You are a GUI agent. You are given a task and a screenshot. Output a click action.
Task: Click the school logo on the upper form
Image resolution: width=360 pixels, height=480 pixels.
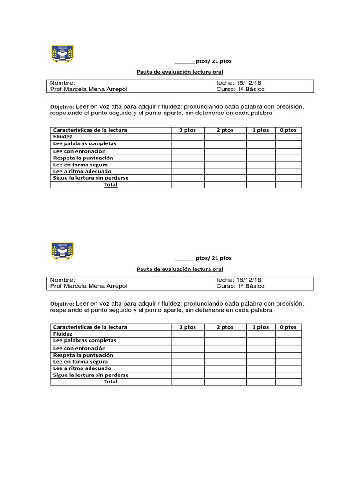62,54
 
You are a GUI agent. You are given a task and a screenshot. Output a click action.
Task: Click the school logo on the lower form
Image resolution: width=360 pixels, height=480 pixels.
62,251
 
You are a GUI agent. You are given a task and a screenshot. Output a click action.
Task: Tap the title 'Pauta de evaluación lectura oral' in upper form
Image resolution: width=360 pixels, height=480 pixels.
180,72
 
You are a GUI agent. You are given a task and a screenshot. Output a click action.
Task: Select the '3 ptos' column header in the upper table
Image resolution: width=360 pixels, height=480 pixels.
187,130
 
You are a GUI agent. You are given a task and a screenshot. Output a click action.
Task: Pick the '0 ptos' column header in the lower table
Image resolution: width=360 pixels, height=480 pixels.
288,327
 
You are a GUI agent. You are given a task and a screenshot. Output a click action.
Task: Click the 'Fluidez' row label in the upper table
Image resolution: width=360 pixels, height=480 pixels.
63,136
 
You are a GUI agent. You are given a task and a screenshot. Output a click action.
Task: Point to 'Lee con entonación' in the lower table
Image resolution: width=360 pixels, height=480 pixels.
79,348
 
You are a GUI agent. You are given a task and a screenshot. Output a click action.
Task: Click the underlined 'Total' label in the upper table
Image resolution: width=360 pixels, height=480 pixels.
111,185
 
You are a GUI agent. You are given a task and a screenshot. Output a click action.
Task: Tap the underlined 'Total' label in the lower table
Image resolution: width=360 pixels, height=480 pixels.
111,382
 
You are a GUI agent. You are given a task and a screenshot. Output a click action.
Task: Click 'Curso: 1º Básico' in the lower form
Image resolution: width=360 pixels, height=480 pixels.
240,286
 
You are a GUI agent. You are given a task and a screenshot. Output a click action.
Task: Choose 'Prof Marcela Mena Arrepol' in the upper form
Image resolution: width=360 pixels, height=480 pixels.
89,89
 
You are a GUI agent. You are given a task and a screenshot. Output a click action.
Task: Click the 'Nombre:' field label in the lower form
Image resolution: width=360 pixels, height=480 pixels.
62,279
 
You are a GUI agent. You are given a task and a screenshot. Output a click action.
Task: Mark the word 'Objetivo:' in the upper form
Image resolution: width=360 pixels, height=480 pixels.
62,107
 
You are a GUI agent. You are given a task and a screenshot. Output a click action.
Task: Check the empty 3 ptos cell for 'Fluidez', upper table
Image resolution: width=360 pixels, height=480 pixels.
187,137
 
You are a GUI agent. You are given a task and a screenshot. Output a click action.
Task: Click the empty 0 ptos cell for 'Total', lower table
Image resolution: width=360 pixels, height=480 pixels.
288,382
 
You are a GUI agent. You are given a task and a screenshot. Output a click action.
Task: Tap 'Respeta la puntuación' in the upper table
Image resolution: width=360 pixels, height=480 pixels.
83,158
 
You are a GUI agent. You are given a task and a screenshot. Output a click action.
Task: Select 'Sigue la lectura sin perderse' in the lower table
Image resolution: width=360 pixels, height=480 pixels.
91,375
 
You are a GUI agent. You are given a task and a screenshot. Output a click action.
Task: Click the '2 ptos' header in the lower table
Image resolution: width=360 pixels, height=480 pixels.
225,327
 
